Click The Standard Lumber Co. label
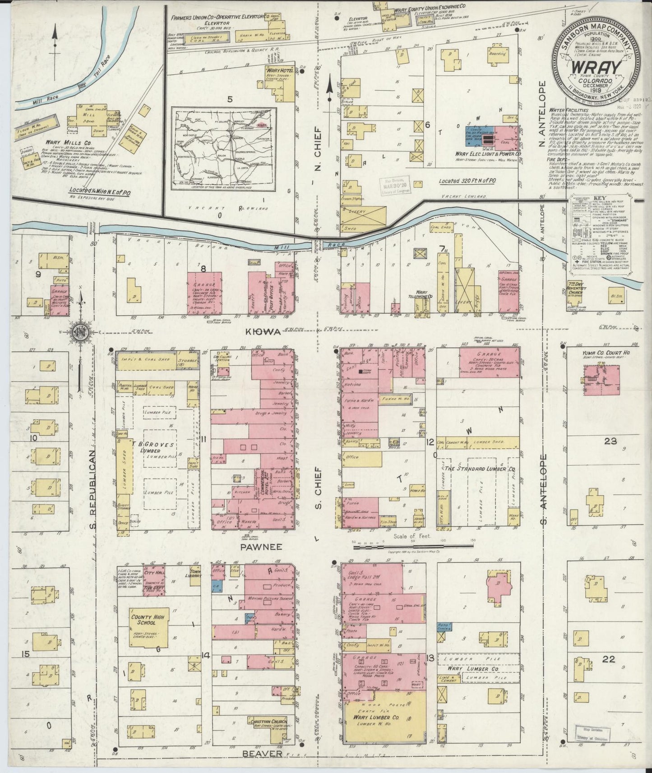pos(480,469)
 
